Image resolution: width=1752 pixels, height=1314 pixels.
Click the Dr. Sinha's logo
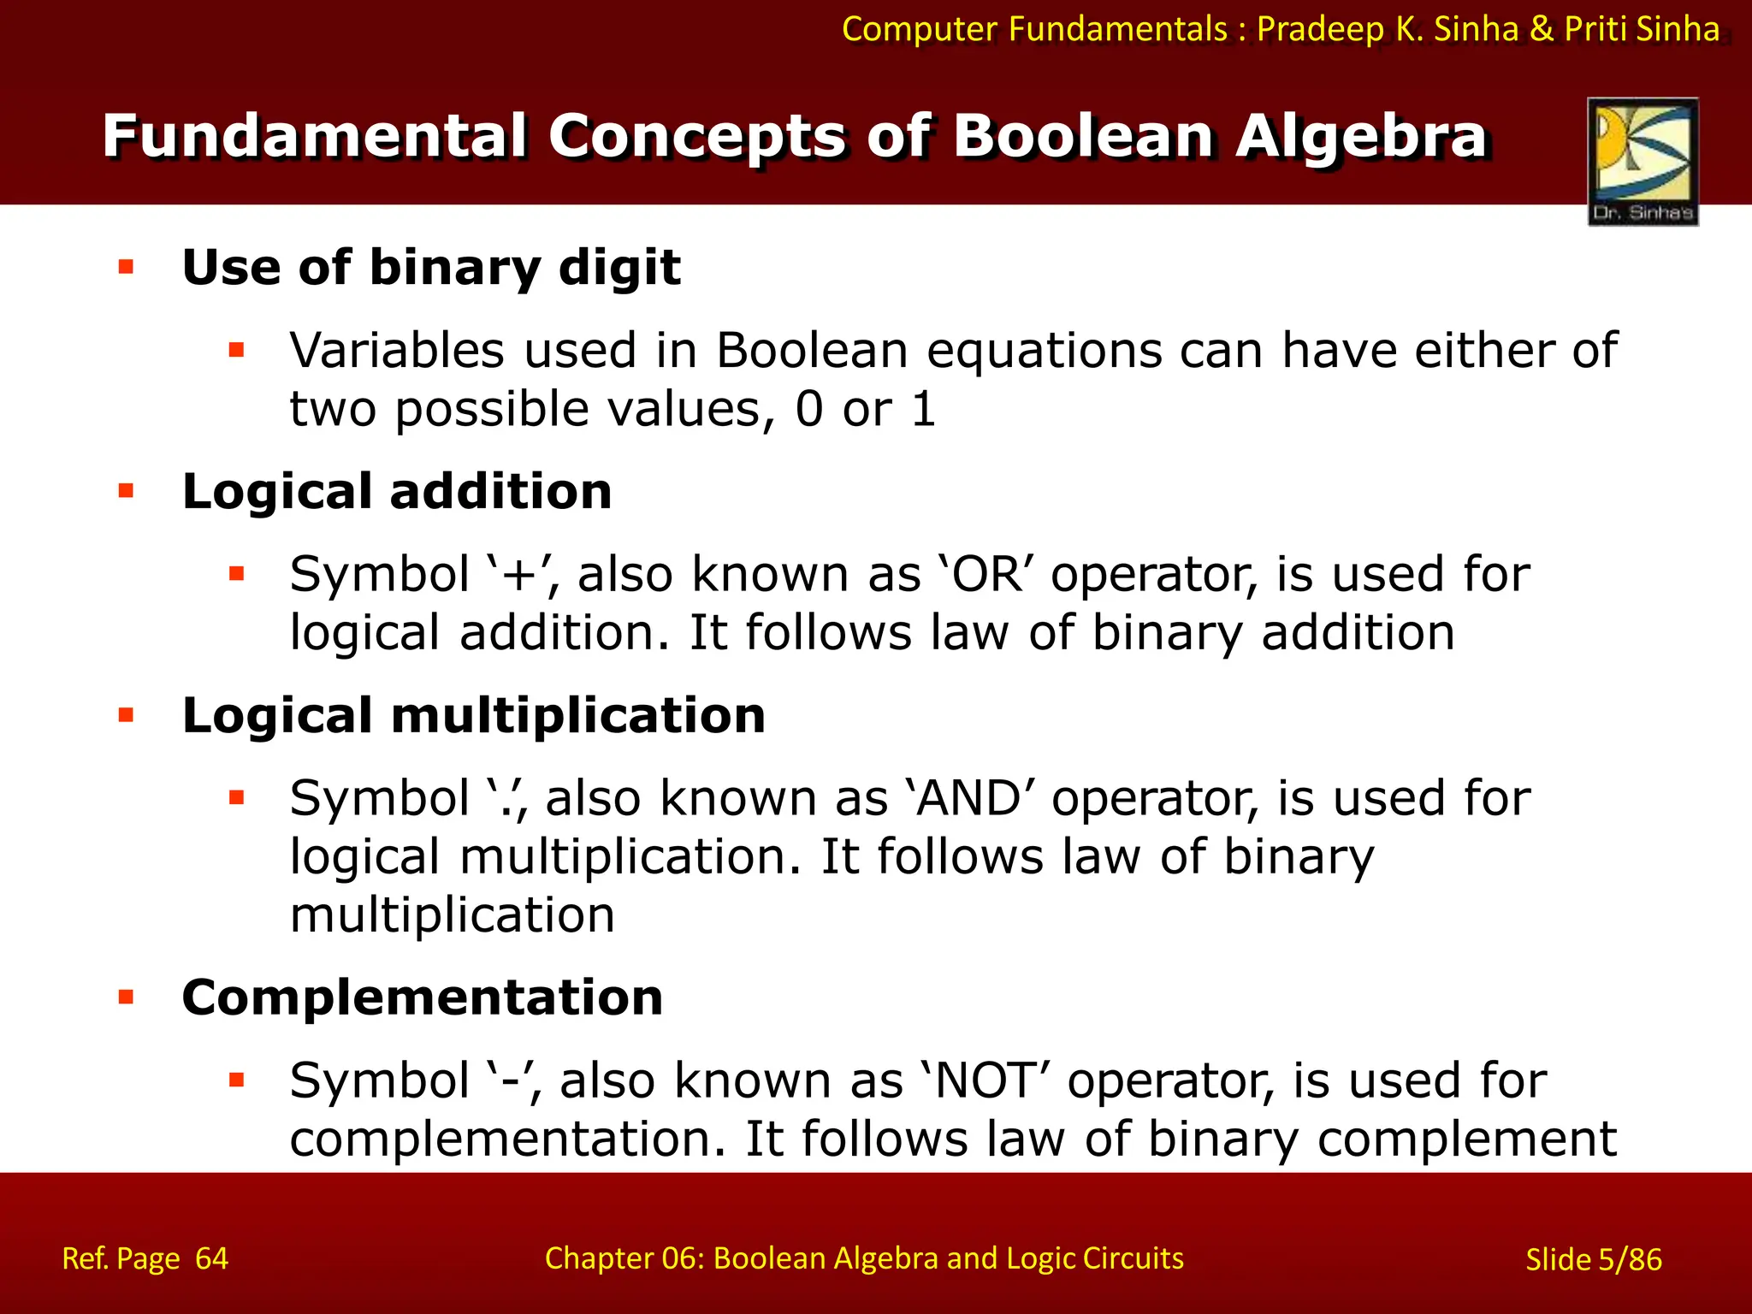coord(1642,161)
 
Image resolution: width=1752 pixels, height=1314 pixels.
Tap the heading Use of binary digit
coord(431,268)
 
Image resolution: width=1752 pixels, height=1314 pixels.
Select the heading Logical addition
coord(397,492)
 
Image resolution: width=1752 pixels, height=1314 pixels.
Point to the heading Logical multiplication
coord(473,716)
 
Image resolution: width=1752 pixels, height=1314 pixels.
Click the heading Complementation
coord(423,998)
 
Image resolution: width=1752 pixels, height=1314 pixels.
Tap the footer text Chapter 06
coord(620,1258)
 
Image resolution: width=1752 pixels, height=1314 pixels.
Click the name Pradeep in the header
coord(1320,30)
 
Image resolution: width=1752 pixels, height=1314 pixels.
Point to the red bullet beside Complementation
coord(127,997)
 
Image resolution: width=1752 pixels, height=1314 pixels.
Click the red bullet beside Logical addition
coord(127,491)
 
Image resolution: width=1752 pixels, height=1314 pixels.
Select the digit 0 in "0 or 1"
coord(808,410)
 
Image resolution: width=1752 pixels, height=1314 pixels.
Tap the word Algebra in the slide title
coord(1360,137)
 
